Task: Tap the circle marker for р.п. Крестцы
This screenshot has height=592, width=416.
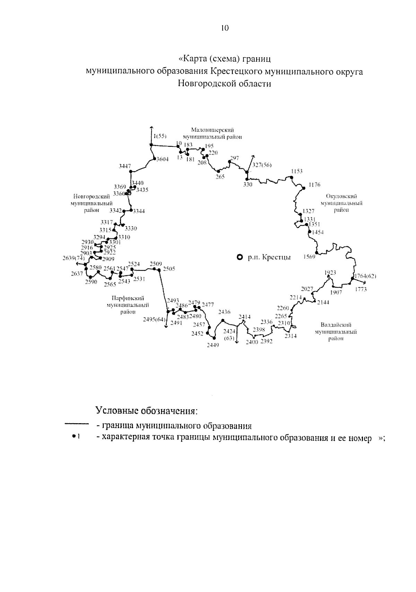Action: pos(239,257)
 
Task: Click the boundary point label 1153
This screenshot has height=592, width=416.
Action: pos(297,171)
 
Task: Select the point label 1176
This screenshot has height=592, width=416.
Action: pos(315,185)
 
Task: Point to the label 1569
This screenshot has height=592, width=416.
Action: pos(309,257)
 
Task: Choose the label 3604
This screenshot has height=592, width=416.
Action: pos(163,159)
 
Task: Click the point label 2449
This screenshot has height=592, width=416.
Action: pos(213,345)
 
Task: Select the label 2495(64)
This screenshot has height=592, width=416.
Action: pos(154,320)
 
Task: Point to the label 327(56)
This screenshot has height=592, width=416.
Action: pos(262,165)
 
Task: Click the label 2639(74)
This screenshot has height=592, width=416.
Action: pos(73,258)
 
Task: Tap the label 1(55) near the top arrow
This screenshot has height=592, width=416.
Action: pos(160,136)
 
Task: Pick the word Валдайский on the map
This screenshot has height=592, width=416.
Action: pos(336,325)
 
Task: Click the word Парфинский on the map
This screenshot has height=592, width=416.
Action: pos(128,298)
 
